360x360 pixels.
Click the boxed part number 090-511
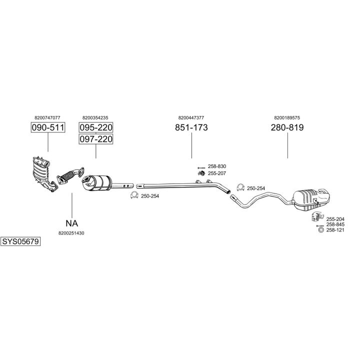click(x=48, y=127)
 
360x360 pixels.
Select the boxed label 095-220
click(x=96, y=127)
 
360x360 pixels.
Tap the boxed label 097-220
click(x=96, y=139)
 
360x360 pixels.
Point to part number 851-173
click(x=191, y=127)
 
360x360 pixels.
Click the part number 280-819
click(x=287, y=127)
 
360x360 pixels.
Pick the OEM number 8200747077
click(x=48, y=117)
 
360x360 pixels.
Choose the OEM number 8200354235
click(x=95, y=117)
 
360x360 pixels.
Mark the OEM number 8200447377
click(x=191, y=117)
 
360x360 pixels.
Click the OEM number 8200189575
click(x=287, y=117)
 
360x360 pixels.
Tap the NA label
click(x=71, y=223)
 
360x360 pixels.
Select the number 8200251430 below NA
click(x=71, y=233)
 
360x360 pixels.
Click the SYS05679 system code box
click(x=20, y=241)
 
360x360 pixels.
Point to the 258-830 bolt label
click(x=216, y=166)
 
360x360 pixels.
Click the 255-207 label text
click(x=216, y=173)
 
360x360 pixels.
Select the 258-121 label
click(x=335, y=230)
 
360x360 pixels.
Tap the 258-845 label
click(x=335, y=225)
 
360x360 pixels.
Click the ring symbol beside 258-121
click(x=320, y=230)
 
